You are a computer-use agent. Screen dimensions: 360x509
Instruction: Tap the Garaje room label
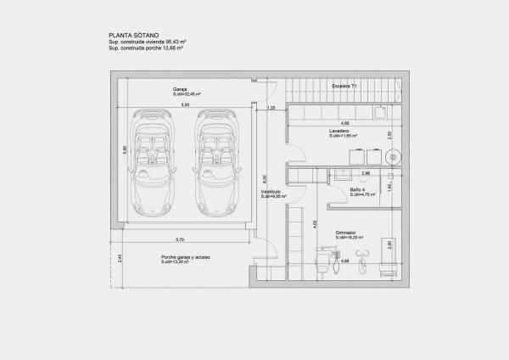(180, 87)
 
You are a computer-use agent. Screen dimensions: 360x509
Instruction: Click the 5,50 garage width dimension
(185, 104)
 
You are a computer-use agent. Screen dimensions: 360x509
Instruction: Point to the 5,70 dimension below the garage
(180, 239)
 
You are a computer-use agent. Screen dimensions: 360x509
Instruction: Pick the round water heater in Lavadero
(393, 156)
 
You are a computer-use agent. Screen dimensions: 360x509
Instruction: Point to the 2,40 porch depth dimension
(120, 258)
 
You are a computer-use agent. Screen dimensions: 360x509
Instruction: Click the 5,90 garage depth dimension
(125, 149)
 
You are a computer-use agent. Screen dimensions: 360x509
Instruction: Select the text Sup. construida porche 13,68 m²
(146, 49)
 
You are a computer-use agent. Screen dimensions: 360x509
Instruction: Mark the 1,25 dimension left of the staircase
(271, 108)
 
